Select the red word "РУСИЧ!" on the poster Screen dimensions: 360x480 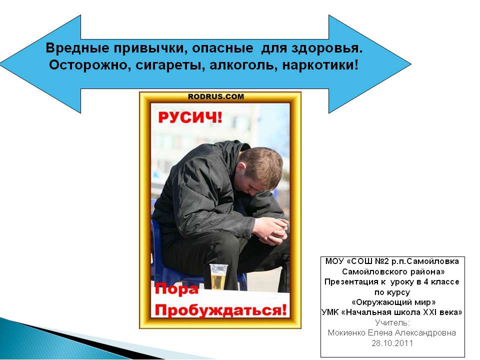[190, 117]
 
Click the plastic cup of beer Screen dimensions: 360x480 [218, 276]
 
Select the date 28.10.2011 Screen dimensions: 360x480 [392, 343]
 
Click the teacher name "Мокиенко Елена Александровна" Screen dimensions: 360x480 [392, 332]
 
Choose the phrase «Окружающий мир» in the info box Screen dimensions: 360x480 [393, 302]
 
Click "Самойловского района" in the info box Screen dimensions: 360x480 [393, 271]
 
